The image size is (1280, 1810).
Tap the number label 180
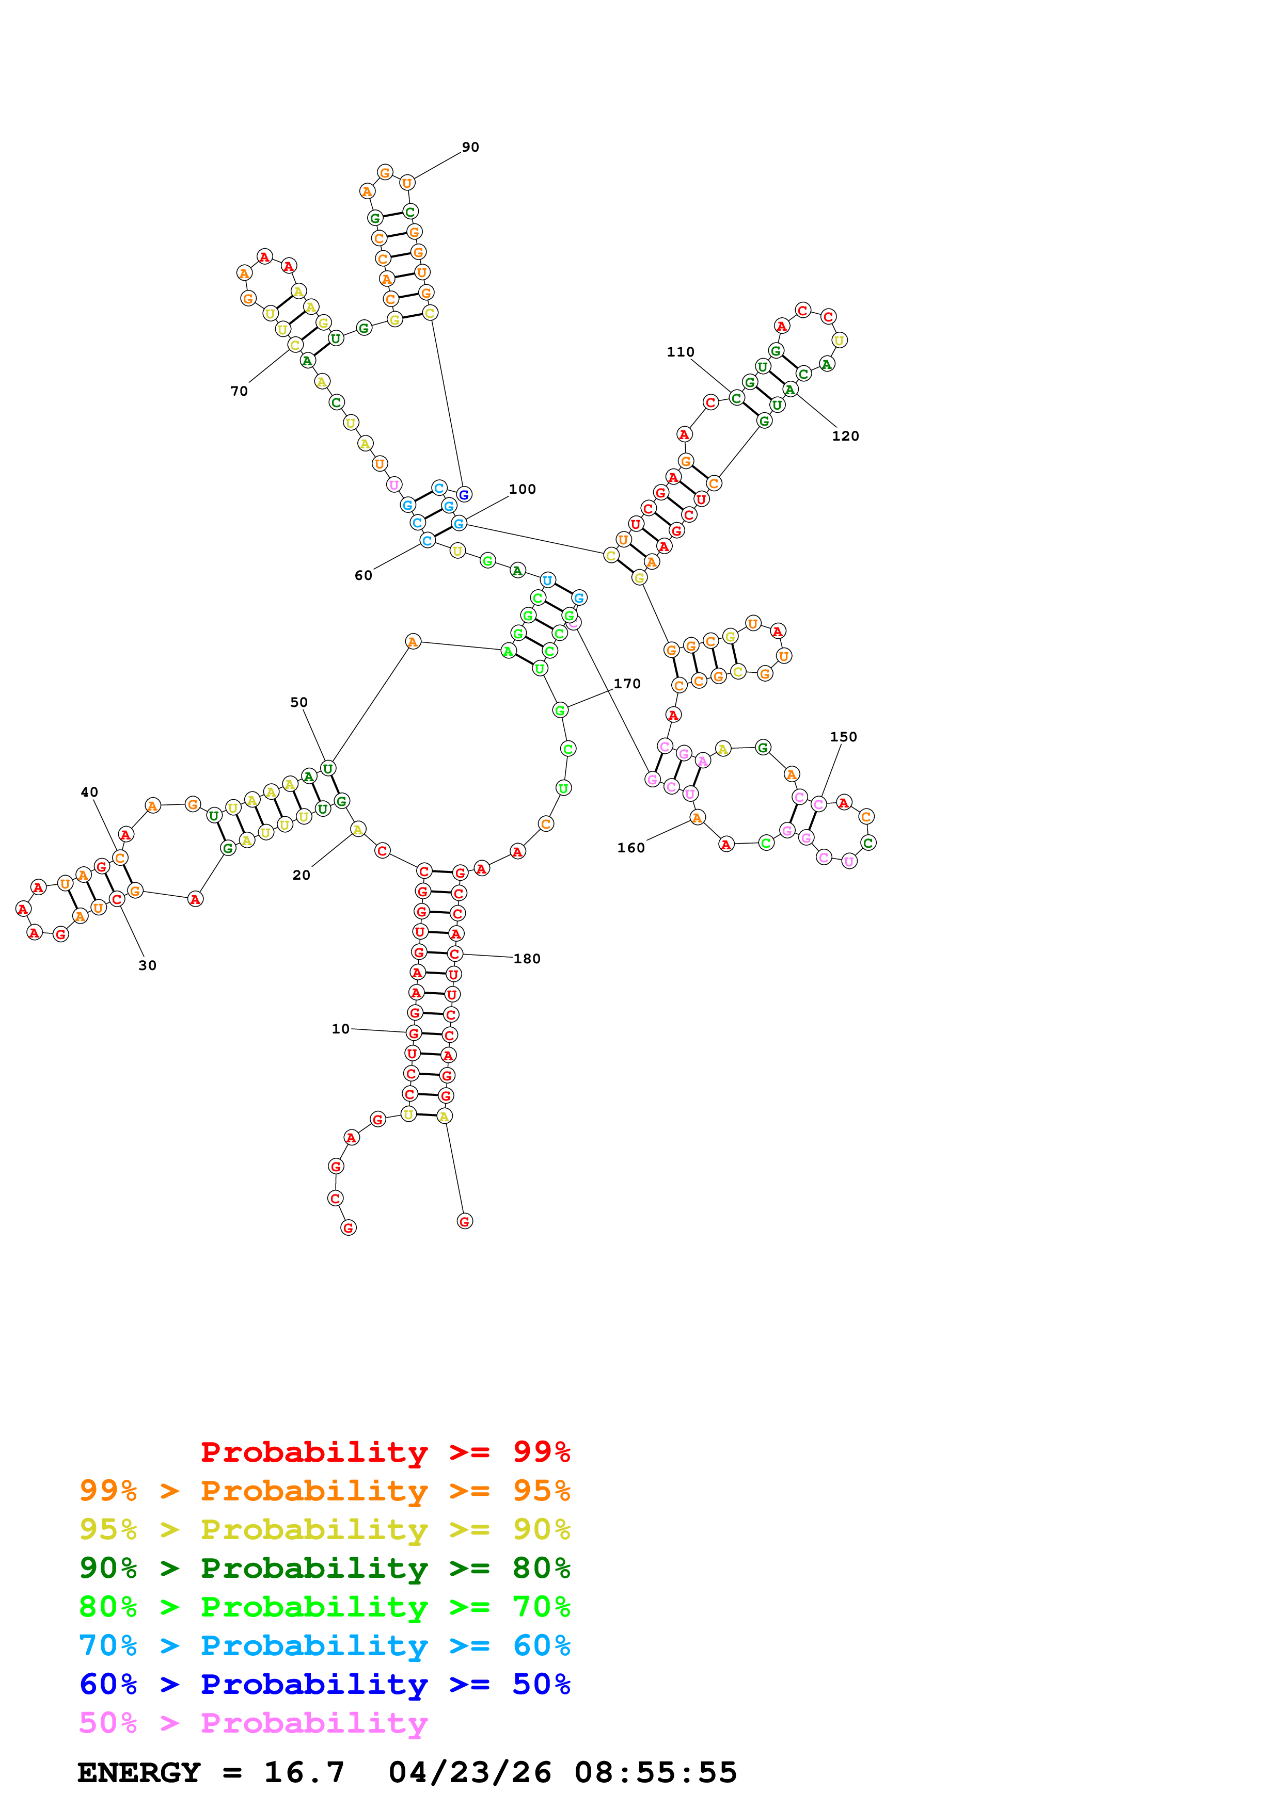point(527,959)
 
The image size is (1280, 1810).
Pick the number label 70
point(239,391)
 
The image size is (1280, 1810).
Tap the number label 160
point(631,847)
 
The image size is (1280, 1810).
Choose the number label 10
point(340,1029)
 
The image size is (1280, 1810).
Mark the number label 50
point(299,702)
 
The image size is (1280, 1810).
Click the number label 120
point(845,436)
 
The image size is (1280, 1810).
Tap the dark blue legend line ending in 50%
point(325,1684)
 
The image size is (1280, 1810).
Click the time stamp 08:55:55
point(655,1772)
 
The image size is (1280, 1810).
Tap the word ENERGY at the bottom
point(139,1772)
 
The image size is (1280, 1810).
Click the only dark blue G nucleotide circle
point(464,494)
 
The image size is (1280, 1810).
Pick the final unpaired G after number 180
point(465,1221)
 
